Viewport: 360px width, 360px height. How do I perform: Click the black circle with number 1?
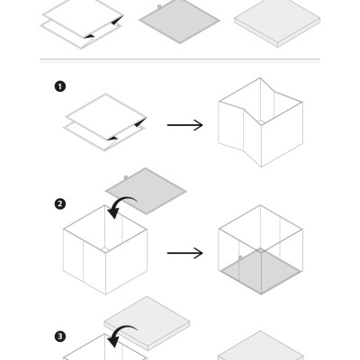(x=60, y=87)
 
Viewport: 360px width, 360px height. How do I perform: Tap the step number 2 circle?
(x=60, y=203)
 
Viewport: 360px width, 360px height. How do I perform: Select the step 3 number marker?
(x=60, y=337)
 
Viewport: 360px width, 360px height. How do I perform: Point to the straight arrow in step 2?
(x=184, y=253)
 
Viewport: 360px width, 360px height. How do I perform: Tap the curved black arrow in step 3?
(x=120, y=337)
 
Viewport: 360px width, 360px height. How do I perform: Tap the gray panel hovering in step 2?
(x=146, y=189)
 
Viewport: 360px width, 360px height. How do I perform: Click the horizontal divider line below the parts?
(x=180, y=60)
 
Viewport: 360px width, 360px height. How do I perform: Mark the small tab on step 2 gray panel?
(x=125, y=175)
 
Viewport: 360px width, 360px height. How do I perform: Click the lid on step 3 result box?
(x=261, y=346)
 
